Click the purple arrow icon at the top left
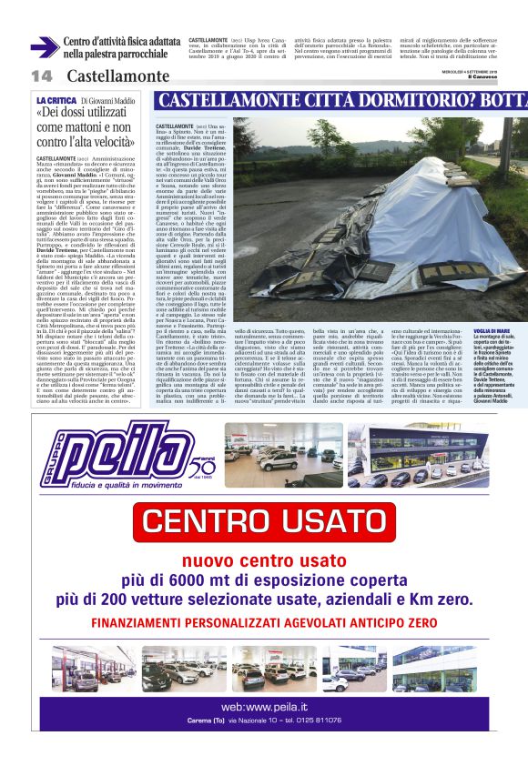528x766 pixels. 44,47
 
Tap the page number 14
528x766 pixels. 41,76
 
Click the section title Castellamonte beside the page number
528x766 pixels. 117,76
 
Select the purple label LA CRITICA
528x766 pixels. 56,99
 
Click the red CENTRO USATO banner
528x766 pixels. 263,521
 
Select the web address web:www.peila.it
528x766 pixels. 263,705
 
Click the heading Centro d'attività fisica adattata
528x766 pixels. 121,42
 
